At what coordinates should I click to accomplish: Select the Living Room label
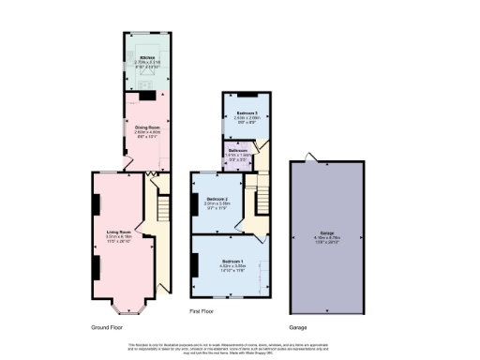click(117, 231)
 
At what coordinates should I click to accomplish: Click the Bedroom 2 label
click(217, 199)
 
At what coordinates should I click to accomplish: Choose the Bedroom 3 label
click(241, 112)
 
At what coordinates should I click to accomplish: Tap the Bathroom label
click(235, 151)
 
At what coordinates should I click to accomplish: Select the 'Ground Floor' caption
click(109, 328)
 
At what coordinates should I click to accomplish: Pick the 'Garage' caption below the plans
click(298, 328)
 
